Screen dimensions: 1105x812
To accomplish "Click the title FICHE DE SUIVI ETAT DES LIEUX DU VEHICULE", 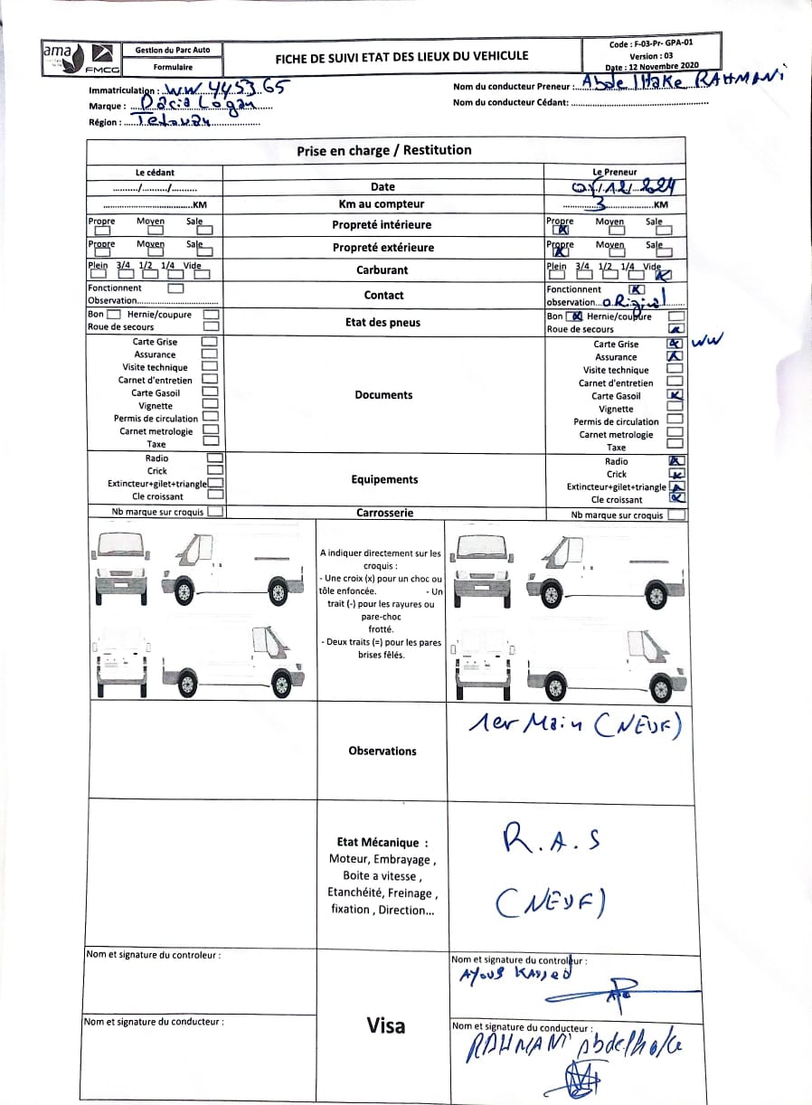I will (401, 56).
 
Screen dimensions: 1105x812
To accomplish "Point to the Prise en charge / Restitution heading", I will (384, 150).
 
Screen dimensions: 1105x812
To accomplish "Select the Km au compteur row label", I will (382, 204).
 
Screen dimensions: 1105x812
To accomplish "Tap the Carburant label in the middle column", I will (382, 269).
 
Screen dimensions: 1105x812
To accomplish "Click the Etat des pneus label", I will (382, 322).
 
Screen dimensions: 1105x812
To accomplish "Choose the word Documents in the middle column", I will (382, 395).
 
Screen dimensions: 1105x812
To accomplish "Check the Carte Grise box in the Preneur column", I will (674, 344).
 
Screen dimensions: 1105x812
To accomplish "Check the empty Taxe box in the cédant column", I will (211, 441).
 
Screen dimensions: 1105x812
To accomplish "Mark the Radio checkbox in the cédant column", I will (214, 458).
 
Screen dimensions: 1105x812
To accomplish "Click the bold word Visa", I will (386, 1025).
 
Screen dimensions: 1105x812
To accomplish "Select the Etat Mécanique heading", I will (382, 842).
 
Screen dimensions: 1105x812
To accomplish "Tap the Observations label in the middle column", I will (382, 751).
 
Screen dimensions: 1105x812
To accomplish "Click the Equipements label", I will (384, 479).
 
